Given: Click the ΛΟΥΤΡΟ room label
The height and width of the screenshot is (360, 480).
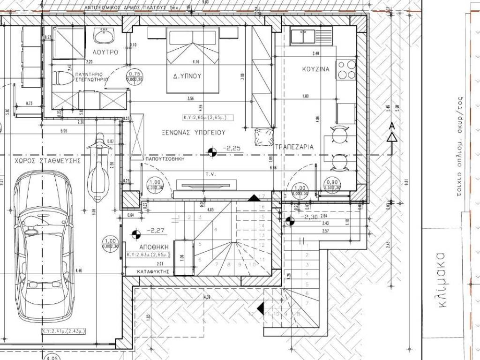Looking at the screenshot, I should pyautogui.click(x=105, y=52).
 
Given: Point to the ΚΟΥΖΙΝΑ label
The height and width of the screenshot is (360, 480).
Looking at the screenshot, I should pyautogui.click(x=315, y=69).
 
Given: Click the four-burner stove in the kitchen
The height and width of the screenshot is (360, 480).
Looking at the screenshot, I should pyautogui.click(x=346, y=69).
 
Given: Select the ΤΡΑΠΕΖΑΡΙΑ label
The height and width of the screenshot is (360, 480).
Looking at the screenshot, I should pyautogui.click(x=294, y=147).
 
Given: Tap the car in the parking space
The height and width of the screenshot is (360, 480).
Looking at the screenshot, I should pyautogui.click(x=42, y=244).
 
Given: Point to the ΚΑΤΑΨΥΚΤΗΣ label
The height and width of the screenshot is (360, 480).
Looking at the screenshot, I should pyautogui.click(x=152, y=271).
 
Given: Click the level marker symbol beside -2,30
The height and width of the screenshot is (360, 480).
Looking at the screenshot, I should pyautogui.click(x=290, y=220).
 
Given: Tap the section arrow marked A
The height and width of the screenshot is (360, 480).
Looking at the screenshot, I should pyautogui.click(x=391, y=132).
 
